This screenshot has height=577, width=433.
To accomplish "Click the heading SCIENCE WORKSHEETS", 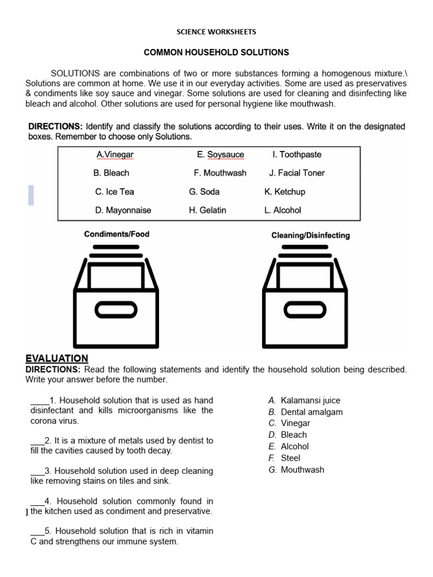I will tap(216, 32).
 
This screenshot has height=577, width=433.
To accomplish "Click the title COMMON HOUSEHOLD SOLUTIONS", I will tap(216, 52).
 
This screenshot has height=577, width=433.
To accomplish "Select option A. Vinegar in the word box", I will tap(115, 154).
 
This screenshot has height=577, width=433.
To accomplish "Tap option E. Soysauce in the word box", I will tap(220, 154).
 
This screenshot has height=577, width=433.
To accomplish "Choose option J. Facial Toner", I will tap(297, 173).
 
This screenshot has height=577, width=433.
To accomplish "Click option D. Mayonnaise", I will tap(123, 210).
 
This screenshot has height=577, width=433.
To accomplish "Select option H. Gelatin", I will tap(207, 210).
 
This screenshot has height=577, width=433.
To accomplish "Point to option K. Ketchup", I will tap(285, 192).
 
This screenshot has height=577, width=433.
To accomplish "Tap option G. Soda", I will tap(204, 192).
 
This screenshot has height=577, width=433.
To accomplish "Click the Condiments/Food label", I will tap(117, 234).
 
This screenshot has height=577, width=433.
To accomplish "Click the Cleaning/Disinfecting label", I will tap(310, 236).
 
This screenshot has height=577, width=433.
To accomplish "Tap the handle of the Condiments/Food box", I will tap(116, 309).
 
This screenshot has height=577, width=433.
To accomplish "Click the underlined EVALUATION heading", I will tap(57, 358).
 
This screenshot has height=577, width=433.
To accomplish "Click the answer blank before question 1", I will tap(39, 401).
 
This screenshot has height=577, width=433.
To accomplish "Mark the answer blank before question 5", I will tap(37, 531).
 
